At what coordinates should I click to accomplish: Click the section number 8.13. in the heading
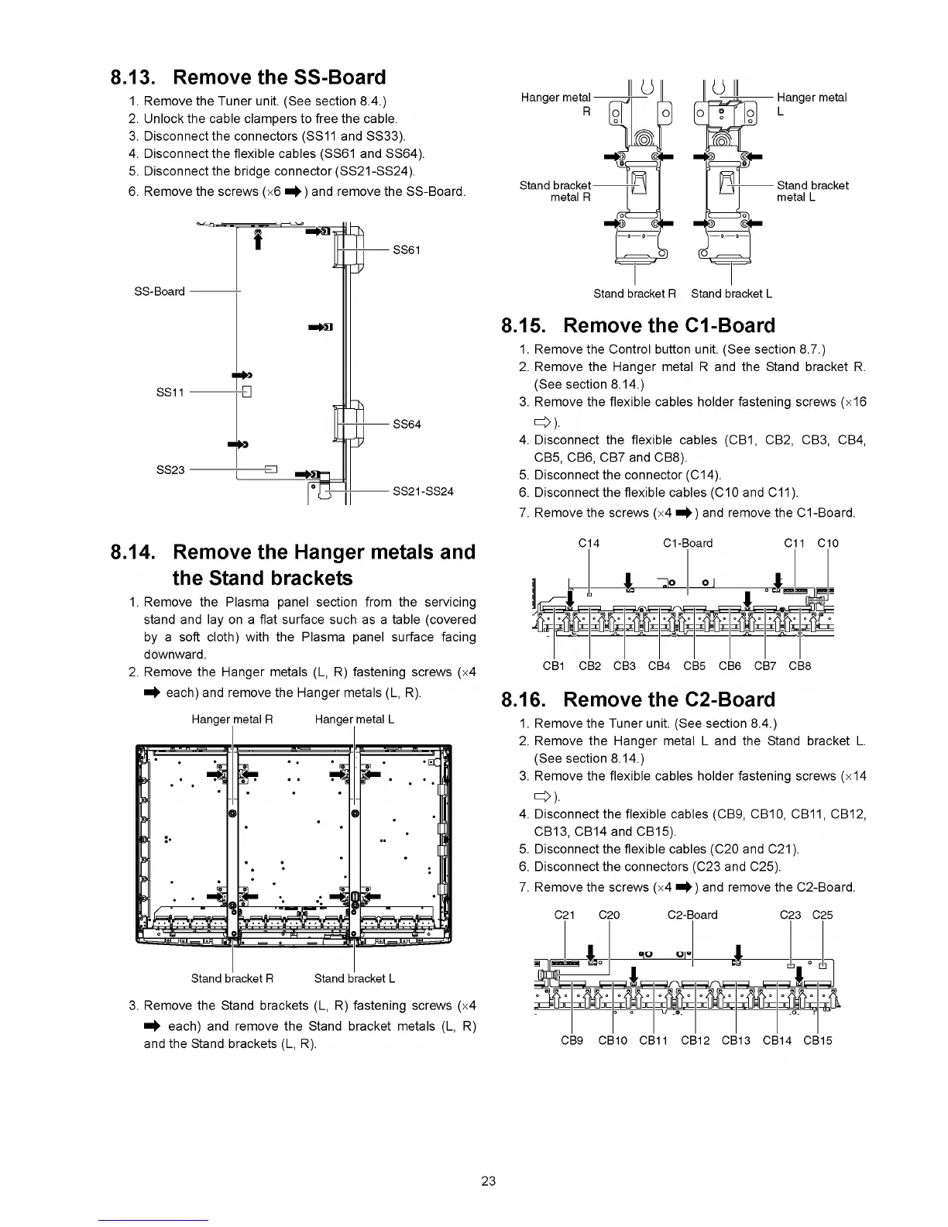click(x=135, y=77)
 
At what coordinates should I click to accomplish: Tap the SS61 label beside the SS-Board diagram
click(x=407, y=249)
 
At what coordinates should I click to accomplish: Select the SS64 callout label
click(x=407, y=424)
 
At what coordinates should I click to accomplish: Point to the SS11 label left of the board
click(x=170, y=392)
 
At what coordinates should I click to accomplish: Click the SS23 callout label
click(x=170, y=469)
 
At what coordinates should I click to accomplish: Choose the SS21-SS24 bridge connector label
click(x=423, y=491)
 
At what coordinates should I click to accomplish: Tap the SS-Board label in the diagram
click(x=160, y=291)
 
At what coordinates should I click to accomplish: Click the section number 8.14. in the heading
click(x=136, y=552)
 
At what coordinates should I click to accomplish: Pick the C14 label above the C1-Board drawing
click(x=589, y=543)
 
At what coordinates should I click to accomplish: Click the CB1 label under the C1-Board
click(x=554, y=665)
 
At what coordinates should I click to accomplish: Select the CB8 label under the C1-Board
click(x=799, y=665)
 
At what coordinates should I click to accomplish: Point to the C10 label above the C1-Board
click(x=828, y=543)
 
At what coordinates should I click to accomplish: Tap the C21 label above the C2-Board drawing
click(x=565, y=915)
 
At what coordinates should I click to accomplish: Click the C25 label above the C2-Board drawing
click(x=823, y=915)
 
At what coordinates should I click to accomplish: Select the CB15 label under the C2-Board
click(x=818, y=1040)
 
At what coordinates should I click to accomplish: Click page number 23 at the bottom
click(x=488, y=1181)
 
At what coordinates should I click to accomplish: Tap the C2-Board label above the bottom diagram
click(x=692, y=915)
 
